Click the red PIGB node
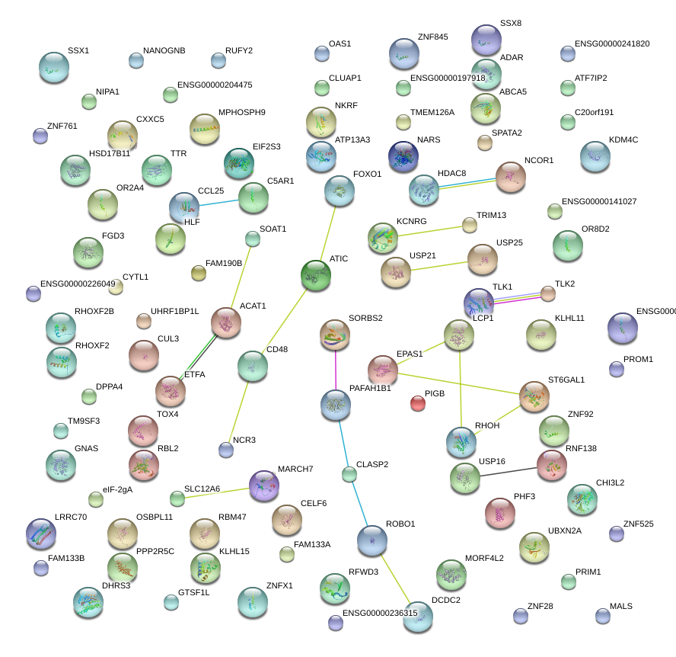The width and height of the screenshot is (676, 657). [417, 403]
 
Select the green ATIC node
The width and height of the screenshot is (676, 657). [316, 275]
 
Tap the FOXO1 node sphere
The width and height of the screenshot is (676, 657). [340, 191]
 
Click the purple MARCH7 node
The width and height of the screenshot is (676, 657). [264, 485]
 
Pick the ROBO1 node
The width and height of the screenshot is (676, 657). [371, 540]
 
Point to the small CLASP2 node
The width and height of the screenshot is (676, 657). [349, 475]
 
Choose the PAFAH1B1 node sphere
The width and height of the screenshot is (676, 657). [336, 405]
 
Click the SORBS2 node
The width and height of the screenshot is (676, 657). [334, 334]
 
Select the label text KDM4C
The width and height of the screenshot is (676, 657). [623, 140]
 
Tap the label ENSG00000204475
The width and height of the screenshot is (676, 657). [215, 85]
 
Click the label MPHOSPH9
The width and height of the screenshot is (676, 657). [241, 113]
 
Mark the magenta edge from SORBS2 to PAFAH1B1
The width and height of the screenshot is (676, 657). [336, 370]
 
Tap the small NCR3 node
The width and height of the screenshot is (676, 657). [226, 450]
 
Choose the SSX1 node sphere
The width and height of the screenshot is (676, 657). [54, 67]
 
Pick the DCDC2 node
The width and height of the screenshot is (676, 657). [416, 616]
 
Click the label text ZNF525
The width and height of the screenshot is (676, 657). [638, 524]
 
